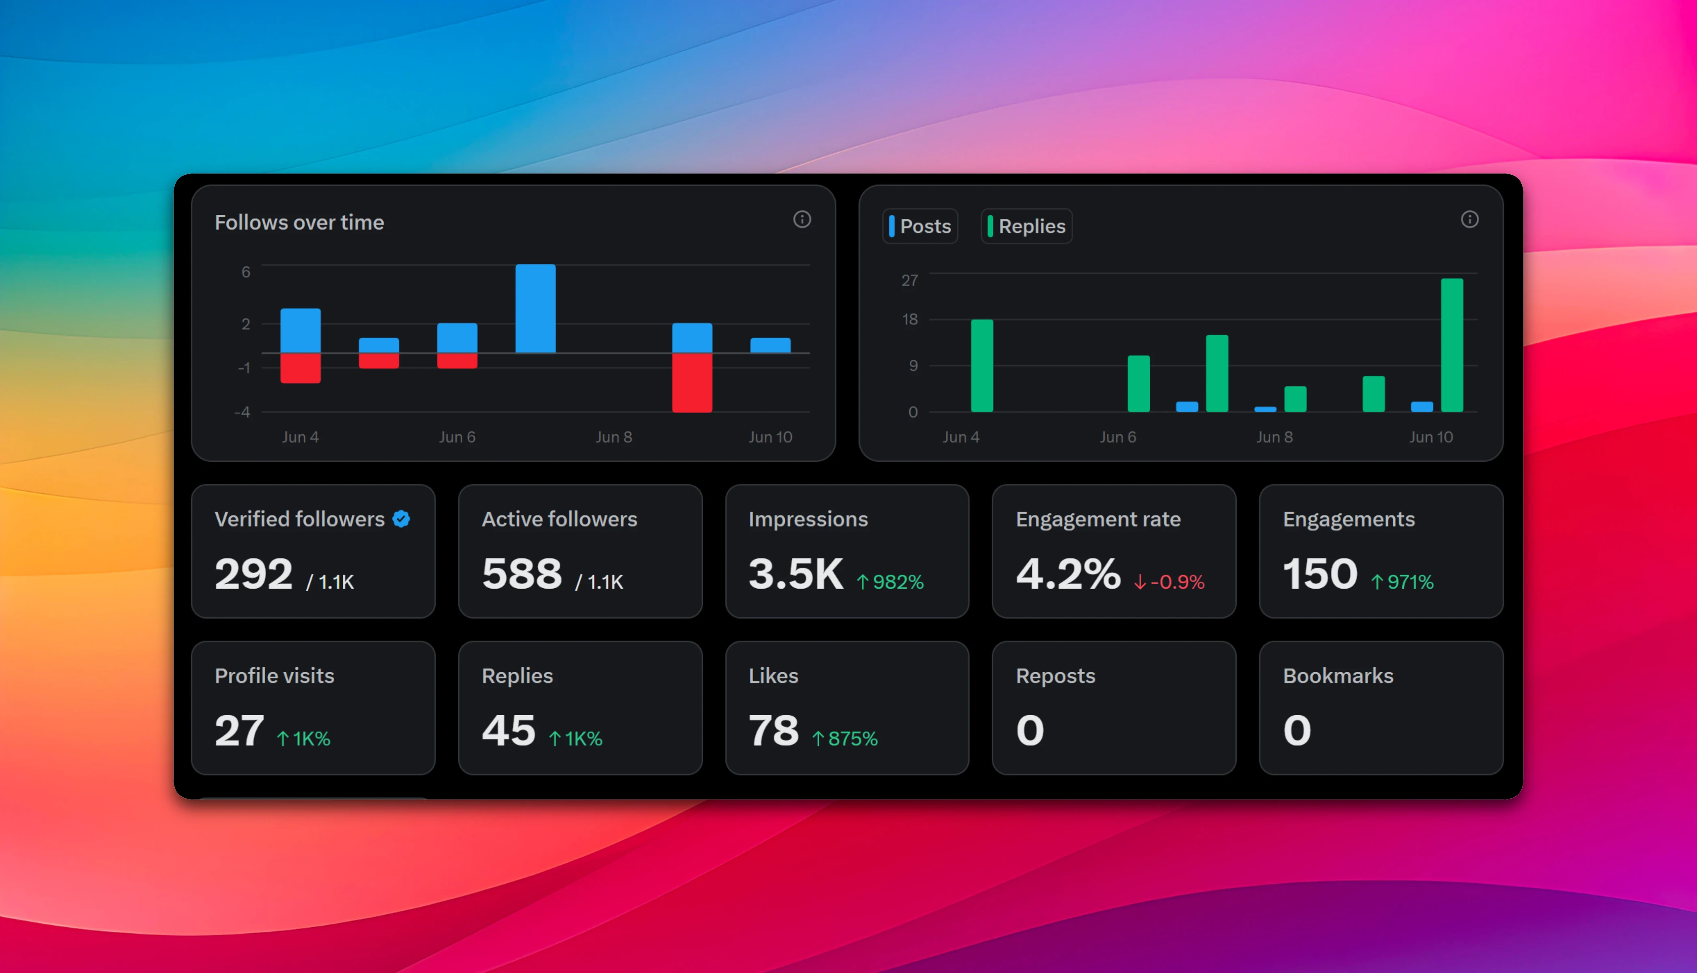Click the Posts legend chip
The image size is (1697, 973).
(920, 227)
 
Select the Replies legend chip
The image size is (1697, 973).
(1026, 227)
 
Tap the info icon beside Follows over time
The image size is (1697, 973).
(802, 219)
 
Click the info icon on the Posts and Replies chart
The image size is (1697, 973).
(1469, 219)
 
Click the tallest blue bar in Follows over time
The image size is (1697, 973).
(535, 308)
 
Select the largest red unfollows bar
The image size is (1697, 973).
(692, 382)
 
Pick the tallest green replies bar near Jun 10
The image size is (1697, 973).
(1452, 345)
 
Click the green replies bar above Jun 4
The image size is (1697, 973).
(982, 366)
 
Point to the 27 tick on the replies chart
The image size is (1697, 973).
(910, 280)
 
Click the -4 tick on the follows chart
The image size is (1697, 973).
(243, 412)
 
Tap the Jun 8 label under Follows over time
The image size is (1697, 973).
(614, 437)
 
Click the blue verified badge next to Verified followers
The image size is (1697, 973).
(401, 519)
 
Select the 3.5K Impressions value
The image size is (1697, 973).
(795, 574)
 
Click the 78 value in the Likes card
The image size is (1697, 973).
(773, 731)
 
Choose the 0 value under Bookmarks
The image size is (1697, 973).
(1297, 731)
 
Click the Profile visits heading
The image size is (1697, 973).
(274, 675)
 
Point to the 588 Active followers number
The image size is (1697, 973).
(522, 574)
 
